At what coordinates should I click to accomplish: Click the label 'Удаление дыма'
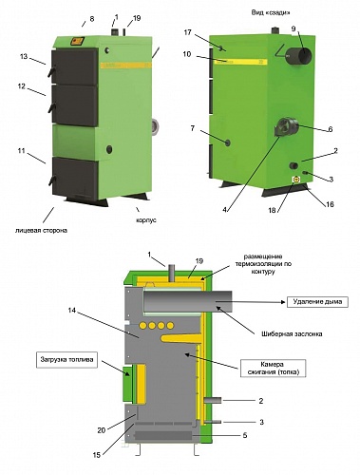[315, 303]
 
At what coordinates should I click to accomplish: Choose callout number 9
[294, 28]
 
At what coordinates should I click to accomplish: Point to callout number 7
[194, 127]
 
